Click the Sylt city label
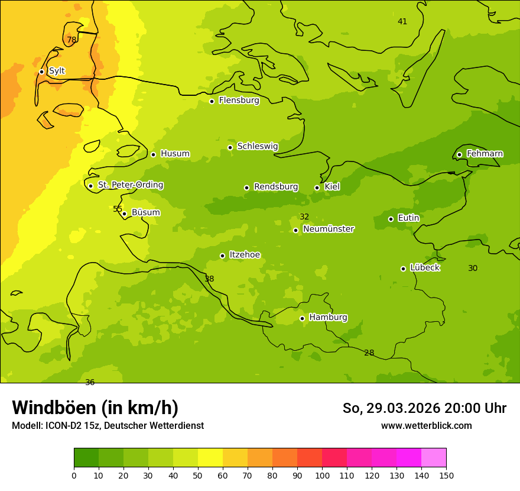[57, 71]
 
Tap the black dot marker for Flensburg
[212, 101]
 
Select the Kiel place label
[332, 187]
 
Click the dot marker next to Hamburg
[302, 318]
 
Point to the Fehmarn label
[485, 154]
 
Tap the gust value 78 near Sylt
[71, 40]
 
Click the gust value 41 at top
[402, 22]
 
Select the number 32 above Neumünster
[304, 217]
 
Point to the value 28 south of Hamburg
[369, 353]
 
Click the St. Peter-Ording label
[131, 185]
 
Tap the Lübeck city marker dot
[403, 269]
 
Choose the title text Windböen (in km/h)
[95, 408]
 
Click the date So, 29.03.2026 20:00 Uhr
[424, 408]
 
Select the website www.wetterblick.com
[426, 426]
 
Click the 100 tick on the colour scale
[322, 475]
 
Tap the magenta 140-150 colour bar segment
[434, 458]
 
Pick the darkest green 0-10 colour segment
[86, 458]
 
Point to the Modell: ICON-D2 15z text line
[108, 426]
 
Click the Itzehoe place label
[245, 255]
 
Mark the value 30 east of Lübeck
[473, 269]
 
